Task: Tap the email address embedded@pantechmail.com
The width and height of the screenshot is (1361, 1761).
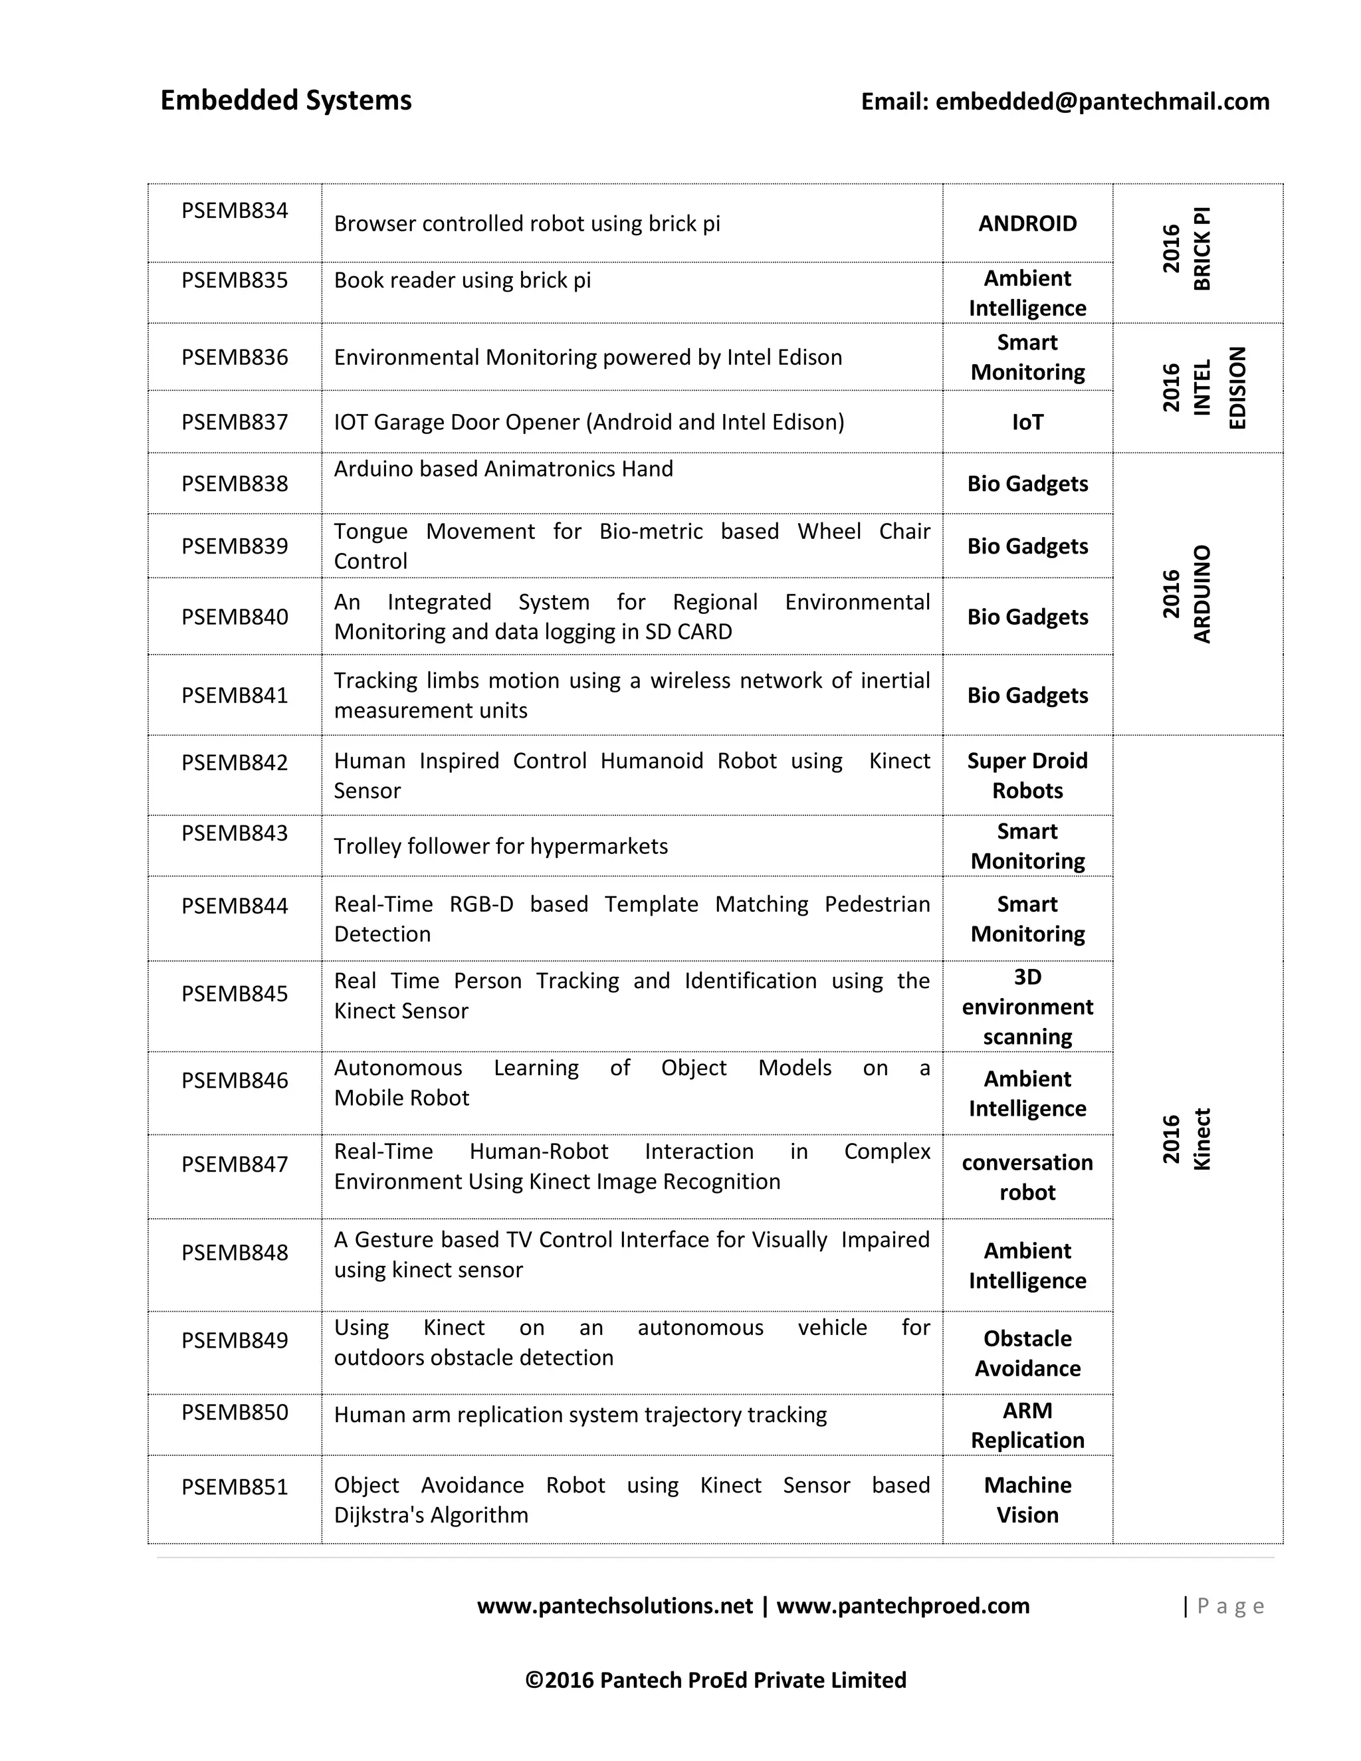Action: pyautogui.click(x=1101, y=102)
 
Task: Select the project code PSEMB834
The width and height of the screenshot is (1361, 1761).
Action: pyautogui.click(x=235, y=211)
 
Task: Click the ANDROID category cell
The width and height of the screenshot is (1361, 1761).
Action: pyautogui.click(x=1027, y=223)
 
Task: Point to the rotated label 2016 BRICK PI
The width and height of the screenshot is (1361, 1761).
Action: pyautogui.click(x=1187, y=249)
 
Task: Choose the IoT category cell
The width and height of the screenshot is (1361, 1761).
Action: pyautogui.click(x=1027, y=422)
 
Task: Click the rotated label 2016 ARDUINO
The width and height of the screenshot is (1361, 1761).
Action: pyautogui.click(x=1187, y=594)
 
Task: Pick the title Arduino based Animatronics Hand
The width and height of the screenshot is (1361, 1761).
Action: pyautogui.click(x=503, y=468)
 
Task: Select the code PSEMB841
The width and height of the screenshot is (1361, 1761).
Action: pyautogui.click(x=235, y=695)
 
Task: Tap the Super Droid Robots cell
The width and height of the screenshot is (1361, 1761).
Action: pyautogui.click(x=1027, y=776)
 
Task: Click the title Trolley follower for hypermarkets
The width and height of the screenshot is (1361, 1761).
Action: pyautogui.click(x=500, y=846)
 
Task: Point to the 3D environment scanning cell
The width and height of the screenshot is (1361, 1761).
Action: pyautogui.click(x=1027, y=1006)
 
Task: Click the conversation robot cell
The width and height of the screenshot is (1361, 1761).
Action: pyautogui.click(x=1027, y=1178)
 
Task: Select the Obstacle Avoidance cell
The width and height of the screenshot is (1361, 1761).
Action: pyautogui.click(x=1027, y=1353)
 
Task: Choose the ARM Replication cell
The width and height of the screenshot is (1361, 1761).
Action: pyautogui.click(x=1027, y=1425)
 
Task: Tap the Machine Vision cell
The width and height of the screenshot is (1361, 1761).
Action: pyautogui.click(x=1027, y=1500)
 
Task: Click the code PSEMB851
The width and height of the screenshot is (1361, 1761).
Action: pyautogui.click(x=235, y=1487)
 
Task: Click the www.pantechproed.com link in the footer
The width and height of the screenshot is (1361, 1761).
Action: pyautogui.click(x=903, y=1606)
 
